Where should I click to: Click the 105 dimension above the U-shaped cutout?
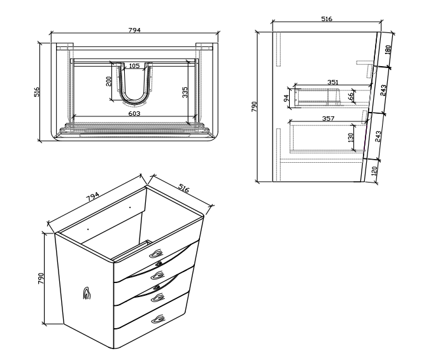[x=134, y=66]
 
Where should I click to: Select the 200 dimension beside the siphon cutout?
[x=109, y=81]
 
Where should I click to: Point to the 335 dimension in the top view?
[x=185, y=92]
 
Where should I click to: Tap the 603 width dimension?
[x=134, y=113]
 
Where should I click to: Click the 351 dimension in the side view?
[x=332, y=82]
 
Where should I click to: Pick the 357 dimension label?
[x=328, y=118]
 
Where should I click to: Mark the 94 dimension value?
[x=287, y=98]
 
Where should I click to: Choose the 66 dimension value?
[x=351, y=95]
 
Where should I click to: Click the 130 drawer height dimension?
[x=351, y=137]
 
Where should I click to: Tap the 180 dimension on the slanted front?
[x=388, y=49]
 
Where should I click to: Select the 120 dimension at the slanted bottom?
[x=374, y=170]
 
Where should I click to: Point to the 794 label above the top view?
[x=134, y=30]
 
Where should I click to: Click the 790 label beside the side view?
[x=254, y=106]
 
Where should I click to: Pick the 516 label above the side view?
[x=327, y=19]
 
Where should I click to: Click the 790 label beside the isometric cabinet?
[x=41, y=278]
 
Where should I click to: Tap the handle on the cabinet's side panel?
[x=87, y=293]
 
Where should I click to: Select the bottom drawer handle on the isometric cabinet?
[x=158, y=319]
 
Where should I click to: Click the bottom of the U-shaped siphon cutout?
[x=134, y=100]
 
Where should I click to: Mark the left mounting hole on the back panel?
[x=88, y=229]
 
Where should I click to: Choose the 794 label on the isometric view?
[x=93, y=197]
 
